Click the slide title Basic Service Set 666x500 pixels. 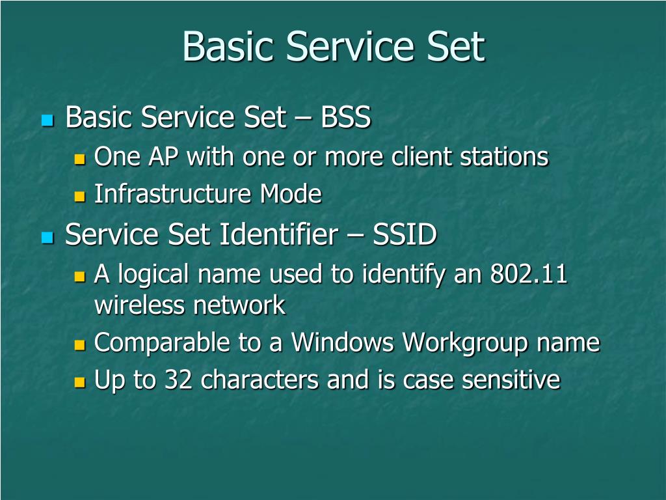(333, 47)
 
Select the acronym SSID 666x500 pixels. (404, 235)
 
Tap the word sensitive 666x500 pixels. (511, 380)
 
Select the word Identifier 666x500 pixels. (276, 235)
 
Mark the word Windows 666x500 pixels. (343, 343)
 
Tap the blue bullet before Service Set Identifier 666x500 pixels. (47, 237)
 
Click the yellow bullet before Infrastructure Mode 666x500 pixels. (80, 196)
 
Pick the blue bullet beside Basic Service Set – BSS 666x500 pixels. (47, 120)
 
